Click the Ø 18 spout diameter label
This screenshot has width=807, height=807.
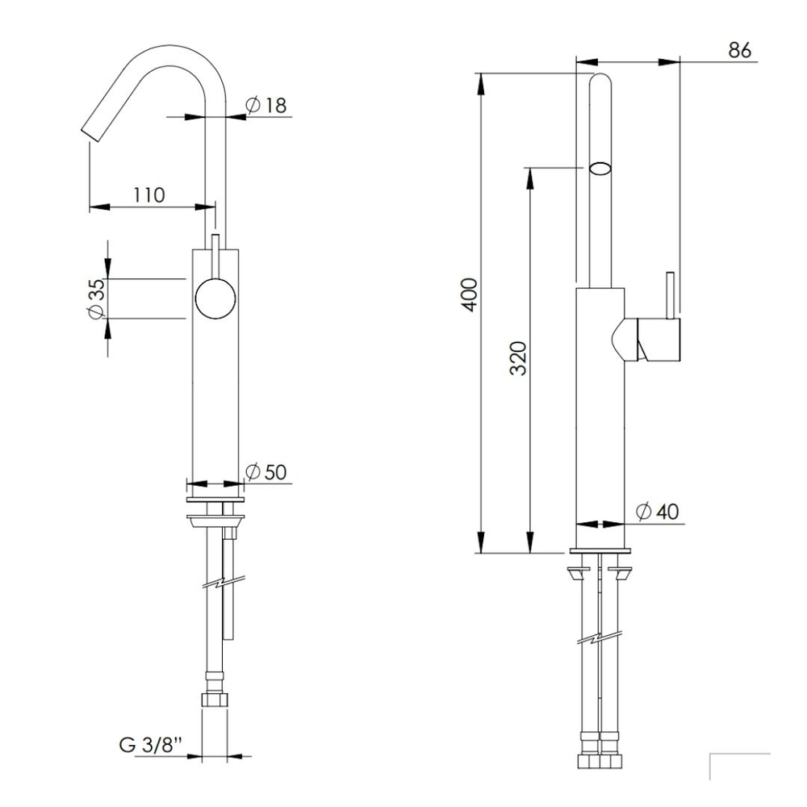point(266,105)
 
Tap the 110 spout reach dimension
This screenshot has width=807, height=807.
point(149,195)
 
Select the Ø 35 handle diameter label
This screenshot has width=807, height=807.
point(97,299)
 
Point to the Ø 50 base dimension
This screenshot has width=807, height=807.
point(266,471)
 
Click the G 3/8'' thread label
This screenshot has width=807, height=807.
point(151,745)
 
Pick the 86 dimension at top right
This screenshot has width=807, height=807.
point(740,50)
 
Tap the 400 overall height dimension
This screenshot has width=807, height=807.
point(470,295)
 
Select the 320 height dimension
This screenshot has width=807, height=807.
point(519,358)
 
